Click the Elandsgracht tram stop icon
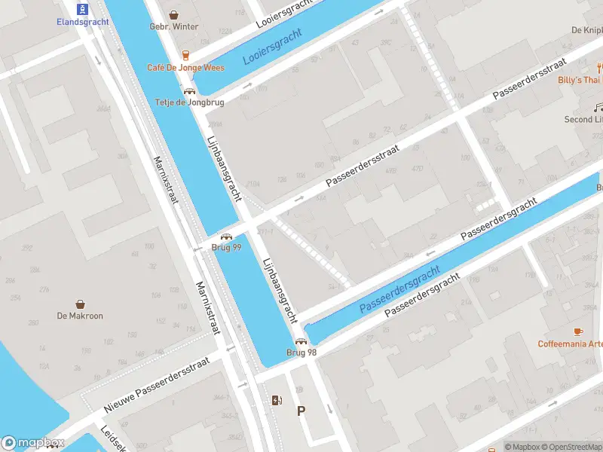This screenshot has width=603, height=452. (x=83, y=9)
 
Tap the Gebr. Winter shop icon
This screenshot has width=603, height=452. (x=174, y=14)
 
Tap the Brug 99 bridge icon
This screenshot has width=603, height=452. (x=225, y=237)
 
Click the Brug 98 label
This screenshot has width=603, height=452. (x=301, y=353)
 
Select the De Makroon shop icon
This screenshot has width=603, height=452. (x=80, y=304)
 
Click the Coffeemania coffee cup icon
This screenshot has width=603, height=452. (x=578, y=331)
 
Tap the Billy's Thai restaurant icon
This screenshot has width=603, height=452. (x=598, y=67)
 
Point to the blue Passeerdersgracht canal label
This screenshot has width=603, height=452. (x=399, y=290)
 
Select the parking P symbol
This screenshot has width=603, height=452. (x=301, y=411)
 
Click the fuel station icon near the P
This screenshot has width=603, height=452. (x=277, y=400)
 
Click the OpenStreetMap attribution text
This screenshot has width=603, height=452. (x=571, y=447)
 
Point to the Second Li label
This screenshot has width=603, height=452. (x=583, y=120)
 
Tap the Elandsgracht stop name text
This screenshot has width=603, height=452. (x=83, y=22)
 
